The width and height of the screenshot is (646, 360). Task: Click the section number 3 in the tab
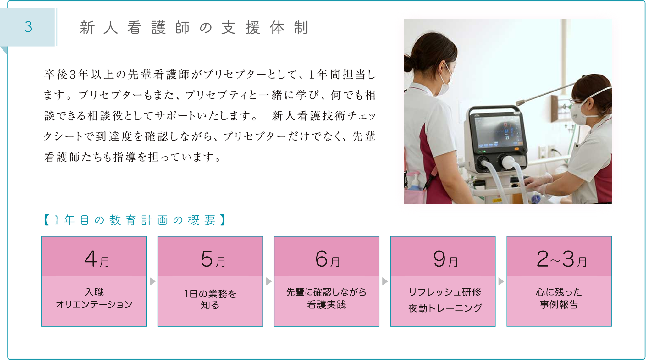tap(28, 27)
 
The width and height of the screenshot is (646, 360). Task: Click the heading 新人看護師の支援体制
tap(194, 27)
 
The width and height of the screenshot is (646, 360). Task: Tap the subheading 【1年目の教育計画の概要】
tap(135, 220)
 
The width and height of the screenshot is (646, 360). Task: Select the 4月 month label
tap(97, 259)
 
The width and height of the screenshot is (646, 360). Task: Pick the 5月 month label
tap(213, 259)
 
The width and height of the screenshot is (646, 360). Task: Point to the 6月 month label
tap(328, 259)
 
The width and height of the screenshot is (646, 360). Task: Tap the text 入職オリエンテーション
tap(94, 298)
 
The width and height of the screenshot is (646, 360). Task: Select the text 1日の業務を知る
tap(210, 299)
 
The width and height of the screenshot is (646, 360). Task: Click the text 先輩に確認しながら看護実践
tap(326, 298)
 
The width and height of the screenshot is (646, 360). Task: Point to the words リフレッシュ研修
tap(445, 292)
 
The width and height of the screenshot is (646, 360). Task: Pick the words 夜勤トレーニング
tap(445, 308)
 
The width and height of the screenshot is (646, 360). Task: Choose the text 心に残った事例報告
tap(559, 298)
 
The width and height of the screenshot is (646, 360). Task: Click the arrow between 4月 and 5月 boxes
tap(152, 281)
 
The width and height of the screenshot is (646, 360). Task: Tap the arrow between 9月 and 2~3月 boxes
tap(501, 281)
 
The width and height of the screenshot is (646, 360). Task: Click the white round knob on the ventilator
tap(507, 162)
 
